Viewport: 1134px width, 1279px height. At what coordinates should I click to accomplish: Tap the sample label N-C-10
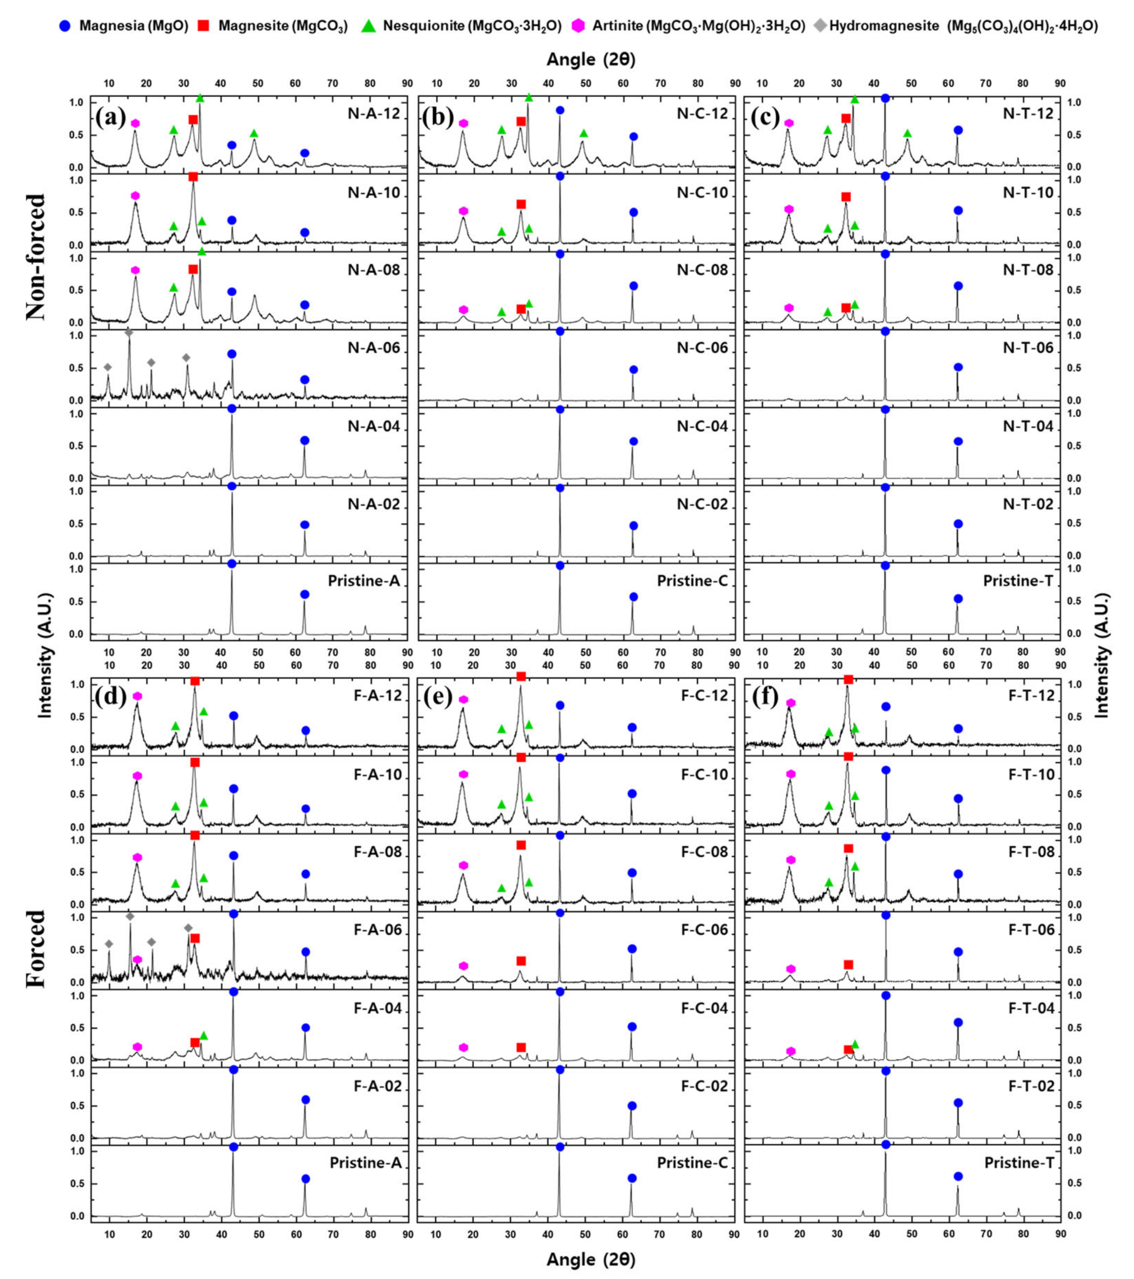coord(703,193)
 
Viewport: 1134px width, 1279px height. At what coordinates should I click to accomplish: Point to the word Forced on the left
coord(36,948)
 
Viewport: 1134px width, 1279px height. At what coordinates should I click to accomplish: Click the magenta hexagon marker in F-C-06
coord(463,965)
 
